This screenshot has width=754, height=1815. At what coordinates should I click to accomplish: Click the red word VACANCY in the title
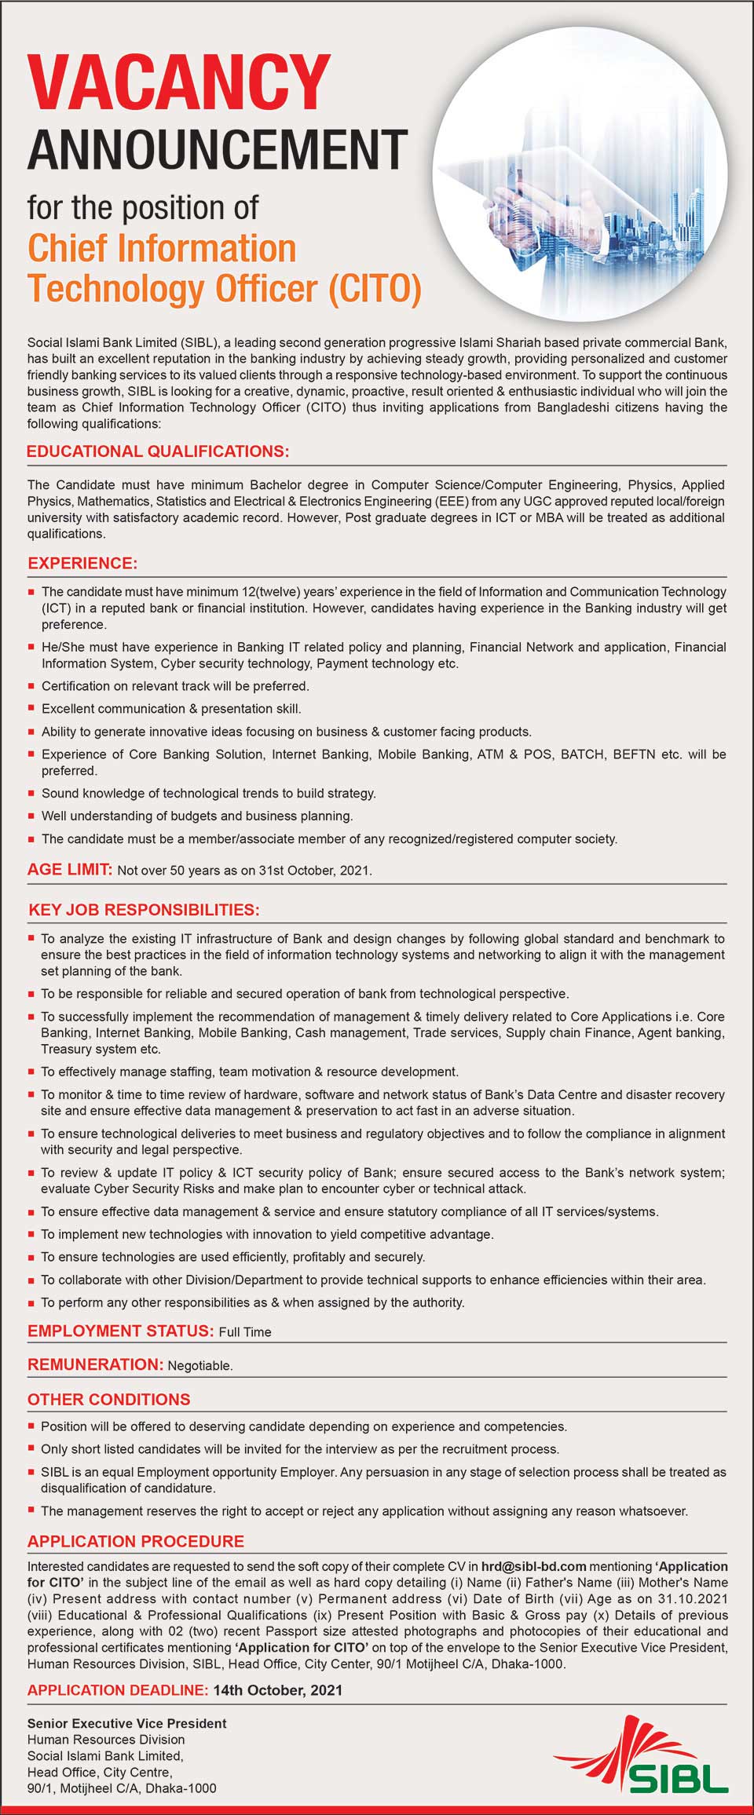click(x=179, y=82)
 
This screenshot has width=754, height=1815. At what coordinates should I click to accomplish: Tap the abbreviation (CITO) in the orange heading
click(x=375, y=288)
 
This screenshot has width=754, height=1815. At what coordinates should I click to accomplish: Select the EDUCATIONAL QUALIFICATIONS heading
click(x=158, y=451)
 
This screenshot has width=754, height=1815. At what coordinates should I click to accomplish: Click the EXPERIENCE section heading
click(x=82, y=563)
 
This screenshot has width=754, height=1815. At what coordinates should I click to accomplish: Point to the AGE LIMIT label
click(x=70, y=869)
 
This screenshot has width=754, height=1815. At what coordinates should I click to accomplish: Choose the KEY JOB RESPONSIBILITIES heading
click(x=144, y=910)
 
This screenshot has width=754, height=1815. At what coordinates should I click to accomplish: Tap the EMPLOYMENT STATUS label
click(x=120, y=1331)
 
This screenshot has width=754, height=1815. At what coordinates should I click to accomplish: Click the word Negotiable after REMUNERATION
click(x=200, y=1366)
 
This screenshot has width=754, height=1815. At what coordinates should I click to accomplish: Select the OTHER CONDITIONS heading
click(x=109, y=1399)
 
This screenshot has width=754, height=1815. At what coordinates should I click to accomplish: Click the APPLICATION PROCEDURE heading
click(x=136, y=1541)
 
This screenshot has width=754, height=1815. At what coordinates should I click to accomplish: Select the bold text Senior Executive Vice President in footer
click(x=126, y=1723)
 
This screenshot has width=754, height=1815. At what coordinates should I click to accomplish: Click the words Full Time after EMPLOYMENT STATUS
click(x=245, y=1332)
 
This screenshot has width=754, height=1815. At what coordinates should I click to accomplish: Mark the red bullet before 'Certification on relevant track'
click(x=31, y=686)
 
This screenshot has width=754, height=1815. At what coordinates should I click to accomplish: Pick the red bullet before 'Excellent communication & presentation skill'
click(x=31, y=709)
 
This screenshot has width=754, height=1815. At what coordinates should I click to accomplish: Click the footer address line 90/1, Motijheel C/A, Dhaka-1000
click(x=122, y=1788)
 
